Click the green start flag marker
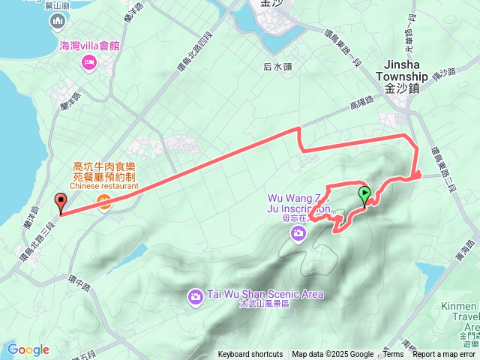(364, 196)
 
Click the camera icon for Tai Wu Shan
(195, 297)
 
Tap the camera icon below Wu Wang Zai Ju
(298, 235)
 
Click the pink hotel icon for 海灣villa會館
(89, 61)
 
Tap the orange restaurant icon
(104, 201)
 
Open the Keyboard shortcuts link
(250, 355)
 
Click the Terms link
(393, 355)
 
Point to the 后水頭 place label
(277, 66)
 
